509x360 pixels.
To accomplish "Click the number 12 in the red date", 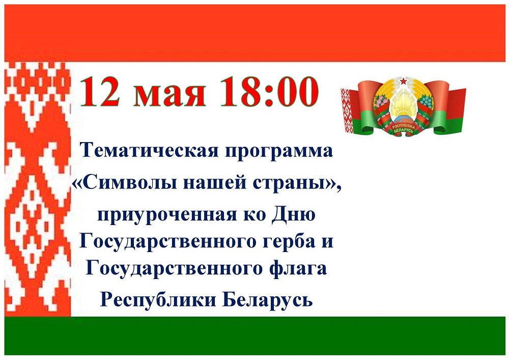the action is (x=100, y=92).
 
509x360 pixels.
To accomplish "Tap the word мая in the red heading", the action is (x=170, y=95).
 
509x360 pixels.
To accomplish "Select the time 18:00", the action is (x=269, y=92).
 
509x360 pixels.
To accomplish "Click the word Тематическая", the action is (x=149, y=151).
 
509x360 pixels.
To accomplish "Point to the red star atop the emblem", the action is (x=403, y=80).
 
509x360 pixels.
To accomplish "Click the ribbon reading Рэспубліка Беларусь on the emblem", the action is (x=404, y=128).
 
